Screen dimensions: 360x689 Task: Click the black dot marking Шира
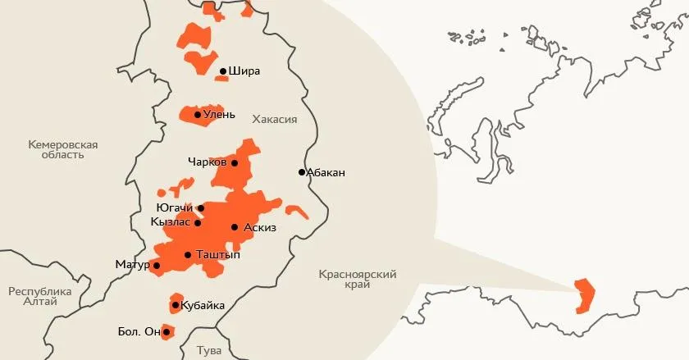tap(223, 71)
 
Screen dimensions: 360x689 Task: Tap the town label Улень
tap(220, 115)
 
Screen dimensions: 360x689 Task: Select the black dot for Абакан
tap(302, 172)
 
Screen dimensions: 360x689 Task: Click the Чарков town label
tap(207, 162)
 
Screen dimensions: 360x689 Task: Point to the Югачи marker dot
tap(201, 208)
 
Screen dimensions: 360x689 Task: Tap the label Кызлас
tap(171, 222)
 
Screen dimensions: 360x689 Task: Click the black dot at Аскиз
tap(235, 227)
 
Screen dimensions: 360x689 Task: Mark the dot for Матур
tap(156, 265)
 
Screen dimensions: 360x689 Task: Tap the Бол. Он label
tap(139, 332)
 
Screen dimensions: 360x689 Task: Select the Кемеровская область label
tap(62, 150)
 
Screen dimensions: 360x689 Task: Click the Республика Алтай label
tap(39, 296)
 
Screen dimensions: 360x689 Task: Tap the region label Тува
tap(209, 350)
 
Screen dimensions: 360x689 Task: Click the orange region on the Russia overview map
tap(585, 295)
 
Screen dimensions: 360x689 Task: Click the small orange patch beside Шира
tap(221, 79)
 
